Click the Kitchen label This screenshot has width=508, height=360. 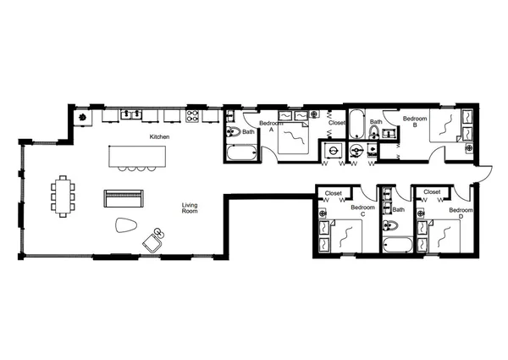[x=159, y=136]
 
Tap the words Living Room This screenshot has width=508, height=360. [x=190, y=208]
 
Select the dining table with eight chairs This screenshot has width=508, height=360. [x=64, y=196]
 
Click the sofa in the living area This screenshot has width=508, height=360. [x=124, y=198]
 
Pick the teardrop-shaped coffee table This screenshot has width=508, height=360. [x=125, y=225]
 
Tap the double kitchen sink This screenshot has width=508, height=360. [x=130, y=114]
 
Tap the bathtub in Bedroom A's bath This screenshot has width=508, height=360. [x=242, y=154]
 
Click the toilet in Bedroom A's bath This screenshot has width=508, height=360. [x=232, y=133]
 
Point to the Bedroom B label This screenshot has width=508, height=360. [x=413, y=125]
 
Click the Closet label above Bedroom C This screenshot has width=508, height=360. [x=333, y=193]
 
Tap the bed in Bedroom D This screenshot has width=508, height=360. [x=447, y=234]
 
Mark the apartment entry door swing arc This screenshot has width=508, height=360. [x=483, y=172]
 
